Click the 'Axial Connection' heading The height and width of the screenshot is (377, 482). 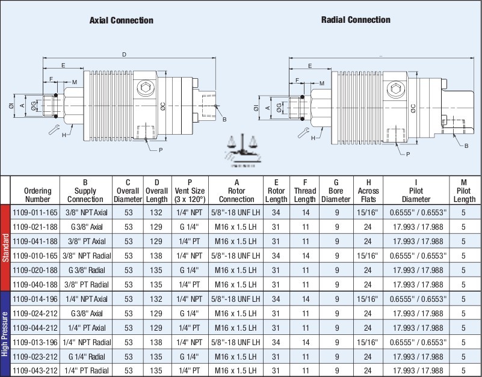click(x=121, y=20)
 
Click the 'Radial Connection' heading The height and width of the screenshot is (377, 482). click(x=356, y=20)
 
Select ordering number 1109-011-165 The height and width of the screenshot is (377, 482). click(x=35, y=213)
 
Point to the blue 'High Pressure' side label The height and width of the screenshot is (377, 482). click(x=5, y=334)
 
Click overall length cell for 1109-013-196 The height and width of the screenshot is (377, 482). click(x=156, y=342)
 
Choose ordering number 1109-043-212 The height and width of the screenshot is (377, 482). click(x=35, y=370)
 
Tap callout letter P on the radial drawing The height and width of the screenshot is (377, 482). click(x=409, y=155)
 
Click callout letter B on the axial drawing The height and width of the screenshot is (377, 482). click(x=224, y=119)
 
